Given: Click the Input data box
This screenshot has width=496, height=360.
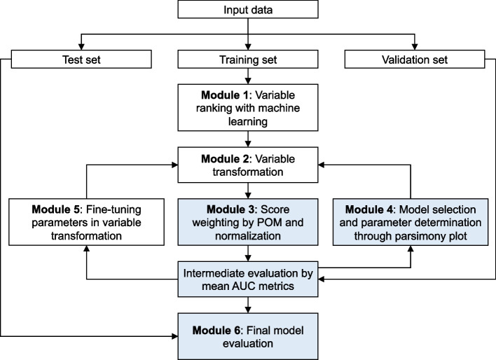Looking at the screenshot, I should point(249,10).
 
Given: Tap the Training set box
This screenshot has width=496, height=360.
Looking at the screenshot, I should point(249,61).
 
